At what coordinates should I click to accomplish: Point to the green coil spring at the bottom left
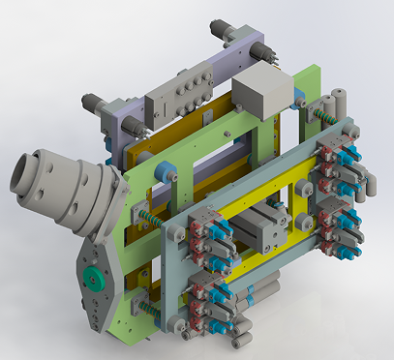pos(150,308)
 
